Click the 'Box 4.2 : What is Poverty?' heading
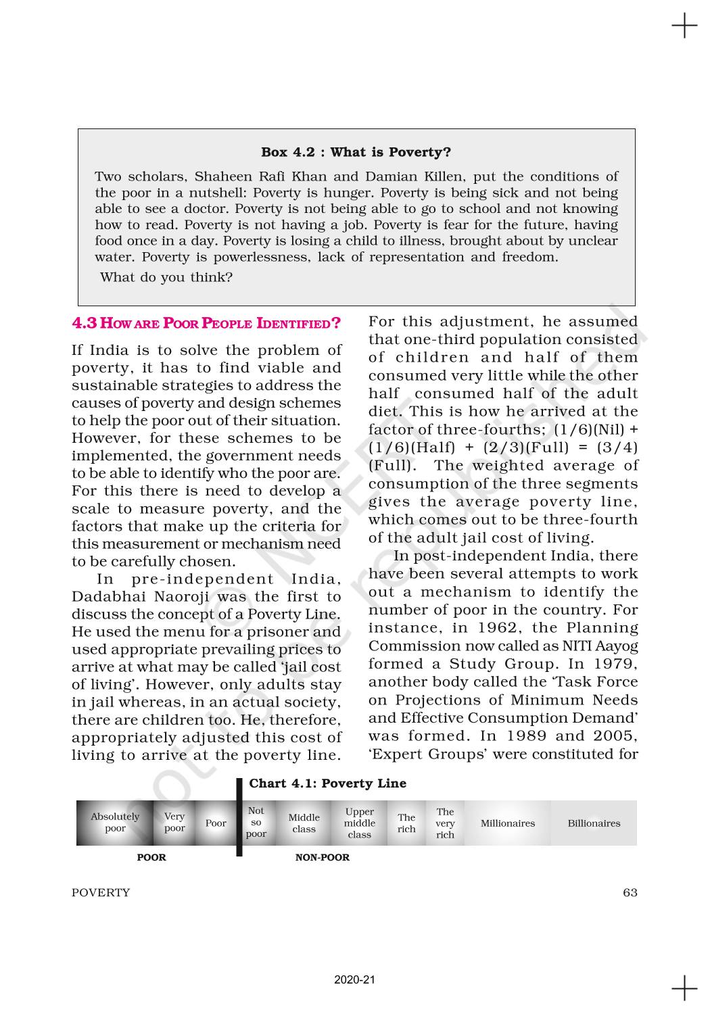[x=356, y=152]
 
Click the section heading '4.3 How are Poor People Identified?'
[x=206, y=323]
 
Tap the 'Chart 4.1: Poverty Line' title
[x=327, y=783]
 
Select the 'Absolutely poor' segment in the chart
[x=115, y=823]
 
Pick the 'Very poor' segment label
[x=174, y=823]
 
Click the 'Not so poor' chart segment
[x=256, y=823]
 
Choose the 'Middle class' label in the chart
[x=304, y=823]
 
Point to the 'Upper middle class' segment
[x=359, y=823]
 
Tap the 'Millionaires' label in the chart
[x=507, y=823]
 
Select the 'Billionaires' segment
[x=594, y=823]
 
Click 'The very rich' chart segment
[x=445, y=823]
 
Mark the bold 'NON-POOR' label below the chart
[x=323, y=858]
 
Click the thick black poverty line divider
[x=239, y=818]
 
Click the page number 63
[x=630, y=892]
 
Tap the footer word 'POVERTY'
[x=101, y=892]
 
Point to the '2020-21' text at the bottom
[x=354, y=980]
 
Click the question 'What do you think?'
[x=166, y=277]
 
